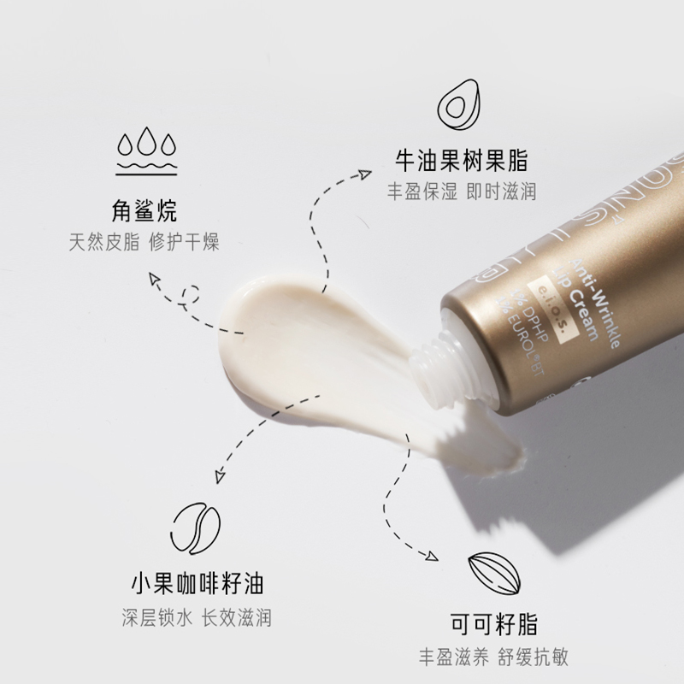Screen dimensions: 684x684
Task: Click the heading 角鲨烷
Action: pyautogui.click(x=144, y=210)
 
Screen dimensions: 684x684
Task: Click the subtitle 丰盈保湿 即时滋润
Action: pyautogui.click(x=461, y=191)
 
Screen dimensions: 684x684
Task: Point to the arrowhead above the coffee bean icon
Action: pyautogui.click(x=220, y=476)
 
